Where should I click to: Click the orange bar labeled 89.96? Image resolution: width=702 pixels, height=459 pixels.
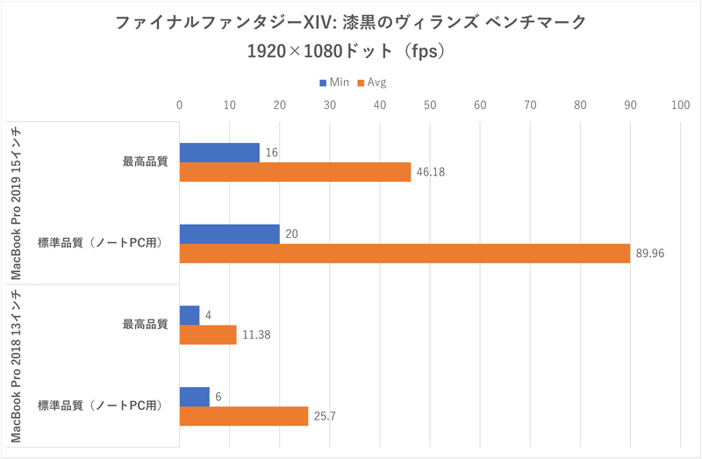tap(405, 254)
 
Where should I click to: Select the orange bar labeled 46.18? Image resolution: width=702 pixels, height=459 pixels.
tap(295, 172)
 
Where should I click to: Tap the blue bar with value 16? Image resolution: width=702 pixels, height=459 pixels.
tap(219, 152)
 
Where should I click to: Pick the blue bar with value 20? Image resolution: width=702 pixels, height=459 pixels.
tap(229, 233)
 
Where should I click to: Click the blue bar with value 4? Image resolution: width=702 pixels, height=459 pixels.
tap(190, 314)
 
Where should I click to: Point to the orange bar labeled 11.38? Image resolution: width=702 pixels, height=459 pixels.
tap(208, 334)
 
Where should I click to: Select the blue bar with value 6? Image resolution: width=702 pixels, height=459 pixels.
tap(195, 396)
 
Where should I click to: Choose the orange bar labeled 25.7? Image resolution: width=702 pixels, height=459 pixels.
tap(244, 416)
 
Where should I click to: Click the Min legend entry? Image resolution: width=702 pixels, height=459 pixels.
tap(334, 82)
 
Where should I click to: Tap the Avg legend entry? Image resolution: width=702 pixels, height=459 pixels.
tap(372, 82)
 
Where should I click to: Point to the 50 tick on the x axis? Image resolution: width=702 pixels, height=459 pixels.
tap(430, 105)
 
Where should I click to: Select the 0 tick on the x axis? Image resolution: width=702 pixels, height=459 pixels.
tap(180, 105)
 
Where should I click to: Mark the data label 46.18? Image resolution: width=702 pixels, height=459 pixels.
tap(431, 173)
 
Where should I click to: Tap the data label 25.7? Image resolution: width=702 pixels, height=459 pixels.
tap(325, 417)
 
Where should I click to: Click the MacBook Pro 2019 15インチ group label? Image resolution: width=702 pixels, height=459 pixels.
tap(18, 203)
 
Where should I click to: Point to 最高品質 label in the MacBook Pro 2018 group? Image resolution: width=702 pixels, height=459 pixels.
tap(145, 325)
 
